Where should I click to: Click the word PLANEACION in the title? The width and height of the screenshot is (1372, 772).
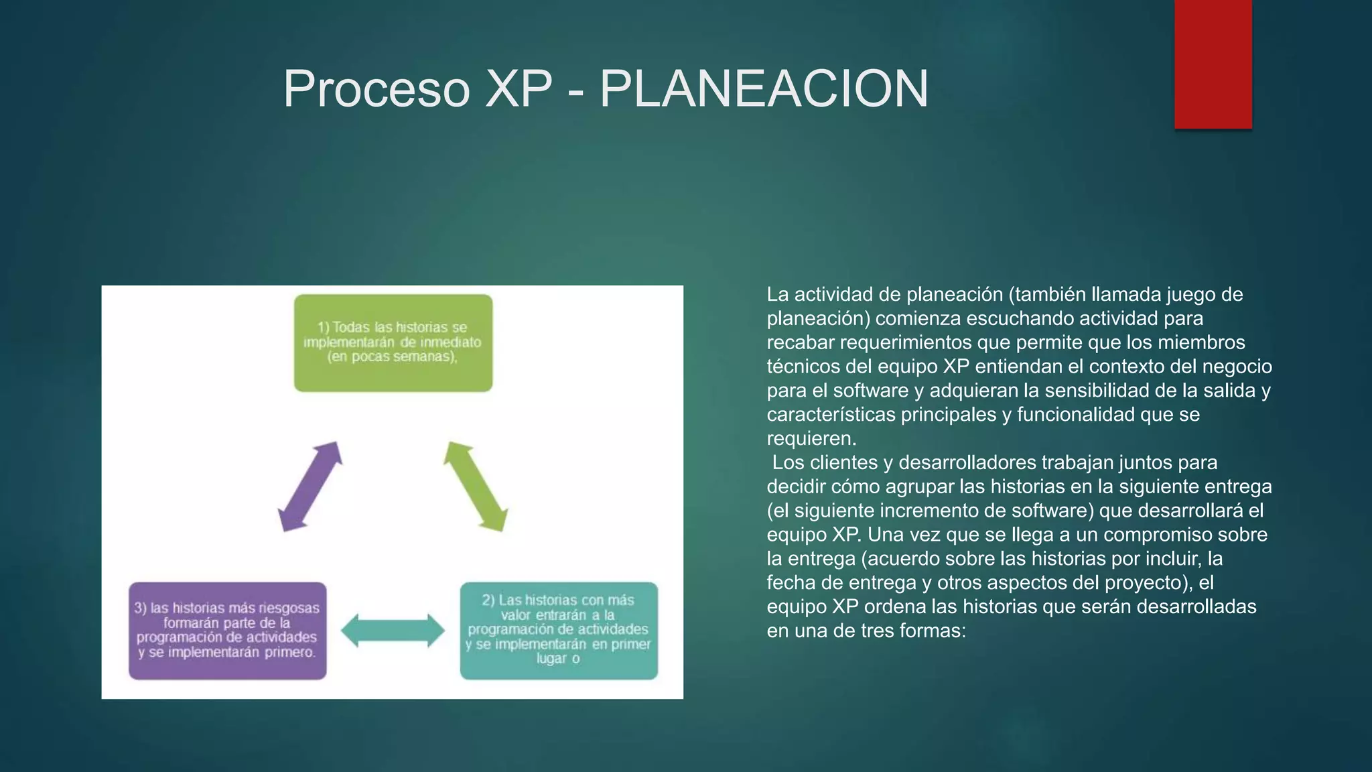(764, 88)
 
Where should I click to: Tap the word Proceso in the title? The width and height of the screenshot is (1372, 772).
(376, 88)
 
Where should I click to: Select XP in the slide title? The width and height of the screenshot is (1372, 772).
(519, 88)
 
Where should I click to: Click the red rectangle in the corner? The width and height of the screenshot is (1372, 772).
(1213, 64)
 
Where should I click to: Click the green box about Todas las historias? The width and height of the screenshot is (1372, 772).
(393, 343)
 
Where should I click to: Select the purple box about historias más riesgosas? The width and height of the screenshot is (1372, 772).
(228, 631)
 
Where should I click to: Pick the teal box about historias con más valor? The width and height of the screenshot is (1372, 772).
(559, 631)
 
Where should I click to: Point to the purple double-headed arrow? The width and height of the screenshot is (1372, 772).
(310, 487)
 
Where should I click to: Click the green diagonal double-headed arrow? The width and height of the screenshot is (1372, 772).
(476, 487)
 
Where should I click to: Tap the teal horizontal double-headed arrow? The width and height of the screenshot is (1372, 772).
(393, 631)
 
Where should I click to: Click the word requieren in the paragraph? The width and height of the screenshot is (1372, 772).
(810, 439)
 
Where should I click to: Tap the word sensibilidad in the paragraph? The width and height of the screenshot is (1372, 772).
(1103, 391)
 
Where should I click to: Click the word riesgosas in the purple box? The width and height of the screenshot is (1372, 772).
(289, 608)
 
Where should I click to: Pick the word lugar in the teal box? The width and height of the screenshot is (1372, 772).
(551, 659)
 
